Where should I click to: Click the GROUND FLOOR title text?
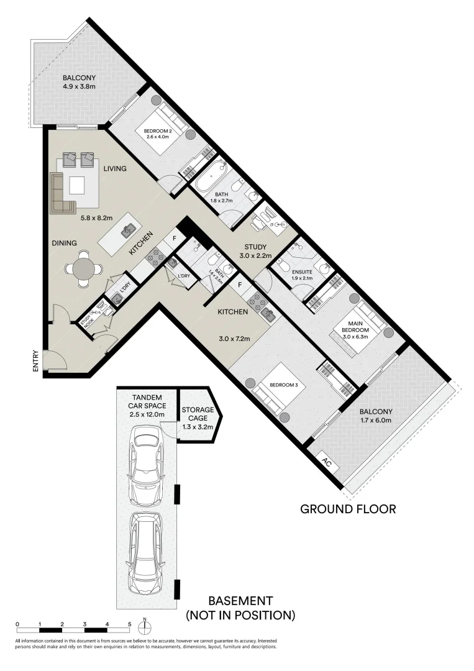(348, 509)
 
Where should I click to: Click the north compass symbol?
(144, 624)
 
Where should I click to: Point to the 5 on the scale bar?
(129, 624)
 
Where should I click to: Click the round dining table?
(83, 268)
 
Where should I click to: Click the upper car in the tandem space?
(147, 466)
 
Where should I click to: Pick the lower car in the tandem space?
(147, 555)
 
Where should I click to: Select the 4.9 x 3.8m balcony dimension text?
(79, 86)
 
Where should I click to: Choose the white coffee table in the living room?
(77, 186)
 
